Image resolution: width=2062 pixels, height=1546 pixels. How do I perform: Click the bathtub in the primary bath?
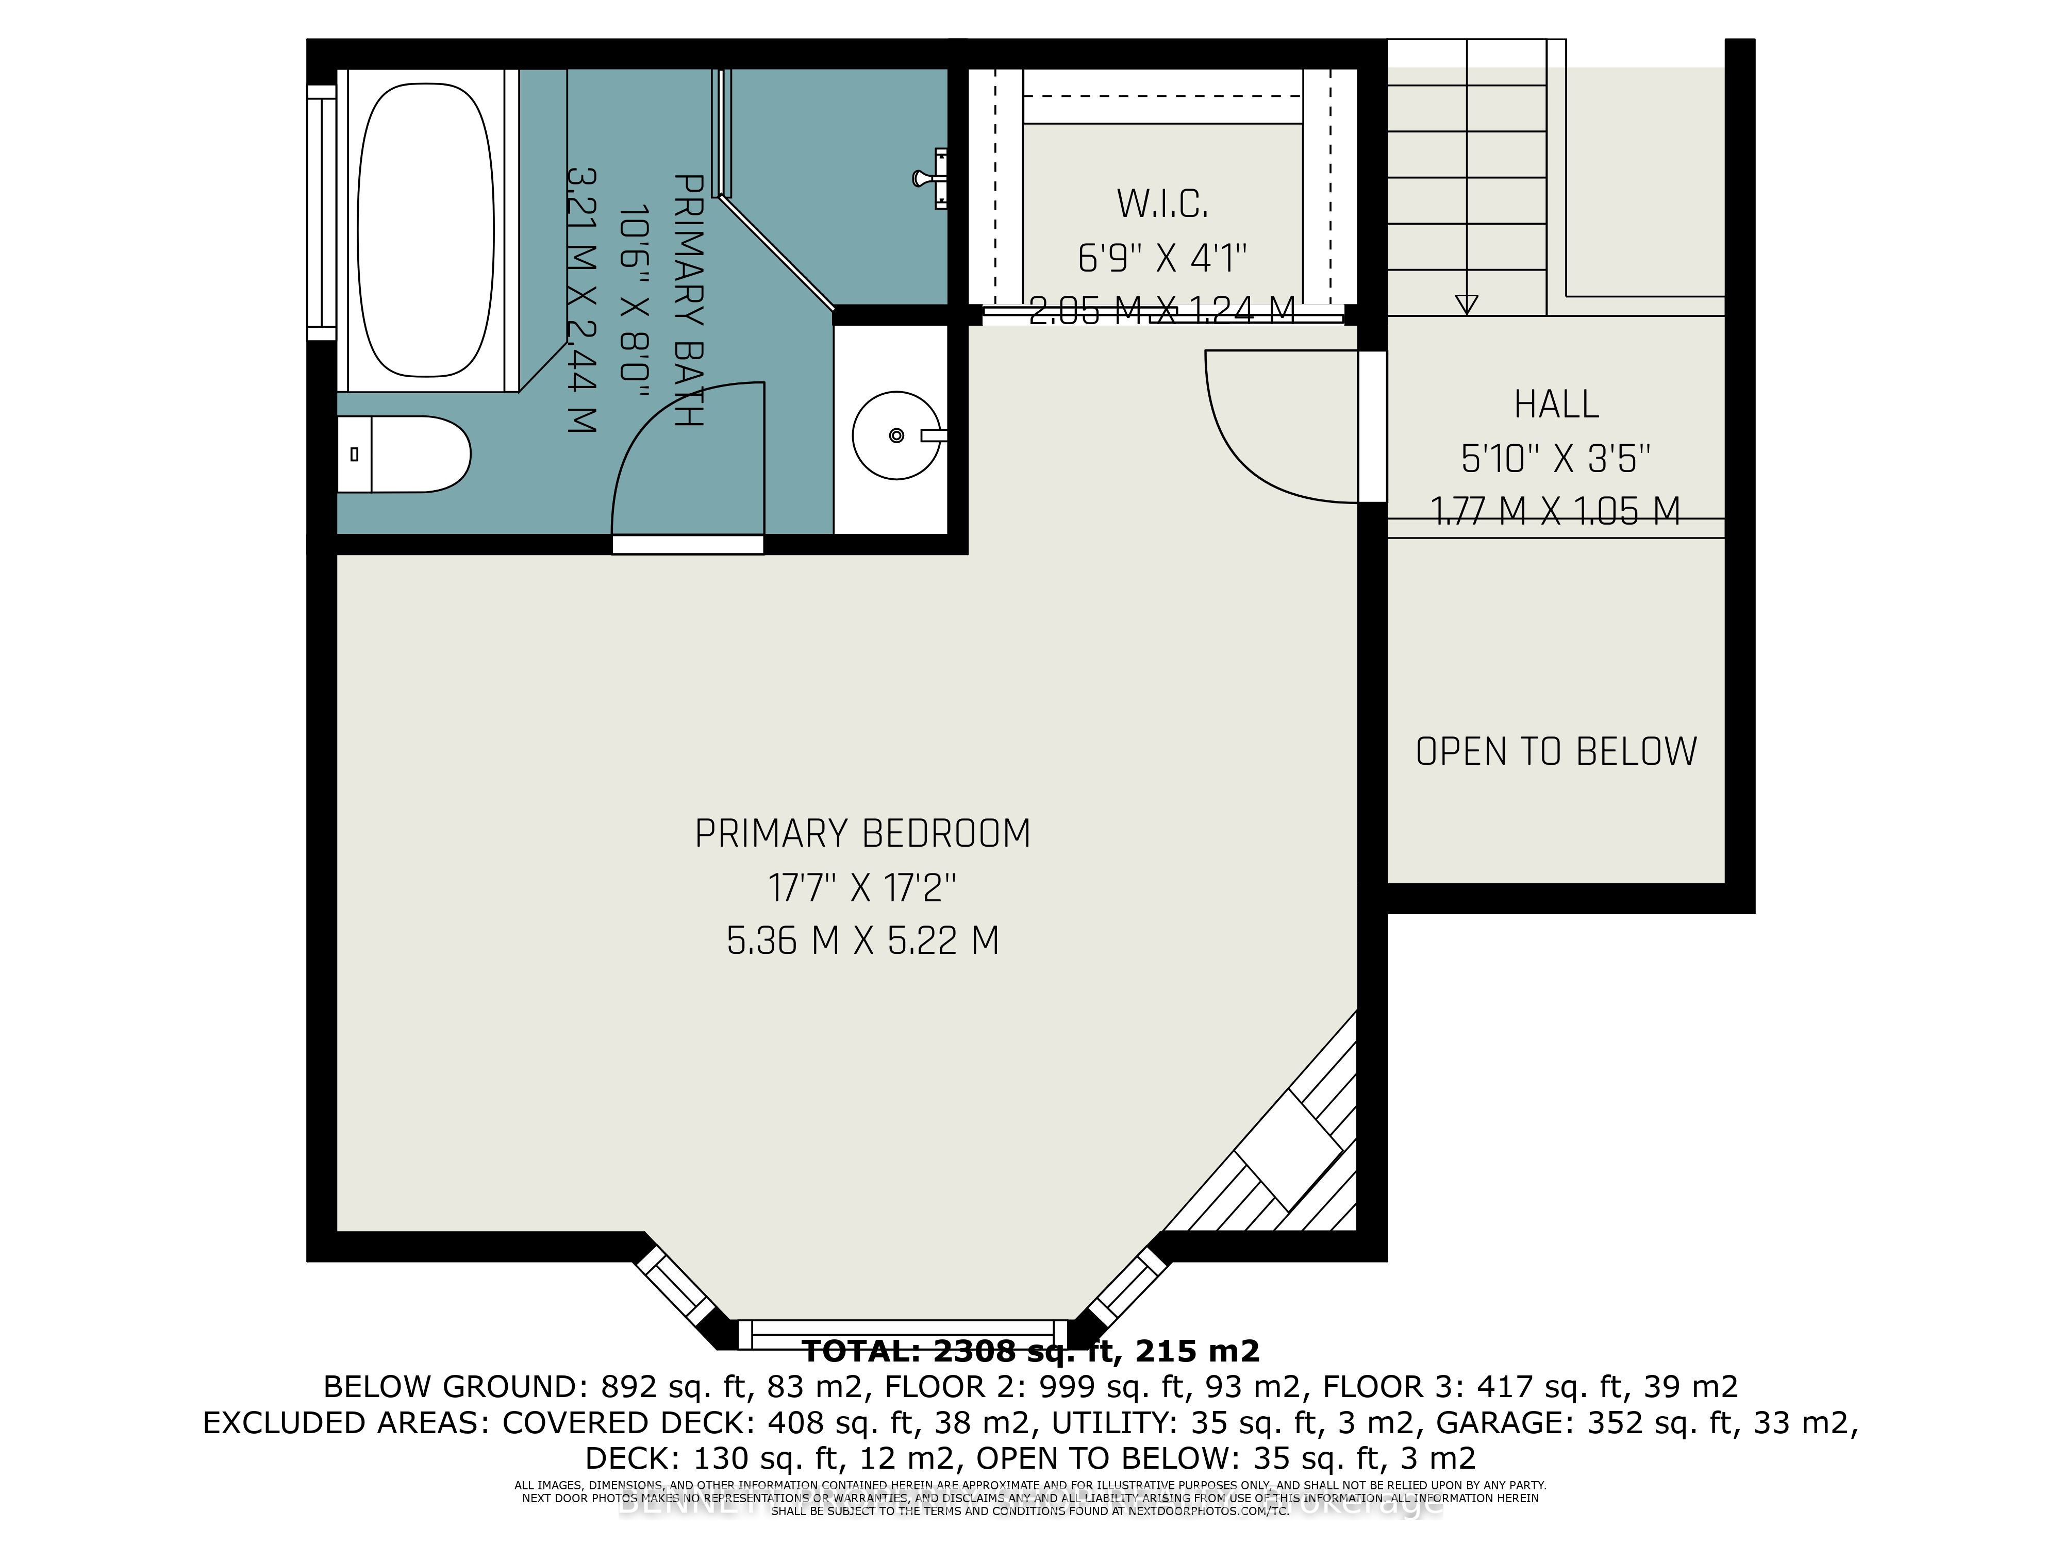pos(425,229)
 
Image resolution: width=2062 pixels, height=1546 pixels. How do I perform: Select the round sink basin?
pos(896,435)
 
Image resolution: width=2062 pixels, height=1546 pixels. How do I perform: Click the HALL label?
pos(1556,405)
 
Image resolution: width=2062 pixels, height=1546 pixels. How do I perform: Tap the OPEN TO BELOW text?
pos(1556,752)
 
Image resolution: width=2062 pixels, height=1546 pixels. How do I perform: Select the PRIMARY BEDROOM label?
pos(862,833)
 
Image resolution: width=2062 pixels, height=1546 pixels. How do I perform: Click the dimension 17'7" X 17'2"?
pos(862,888)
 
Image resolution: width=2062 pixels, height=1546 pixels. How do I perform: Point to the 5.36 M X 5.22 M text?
pos(862,941)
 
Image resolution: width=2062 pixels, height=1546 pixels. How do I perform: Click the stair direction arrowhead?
pos(1466,304)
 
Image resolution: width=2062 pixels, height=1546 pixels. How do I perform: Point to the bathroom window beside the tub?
pos(322,212)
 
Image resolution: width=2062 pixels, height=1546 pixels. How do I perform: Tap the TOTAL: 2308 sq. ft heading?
pos(1030,1350)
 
